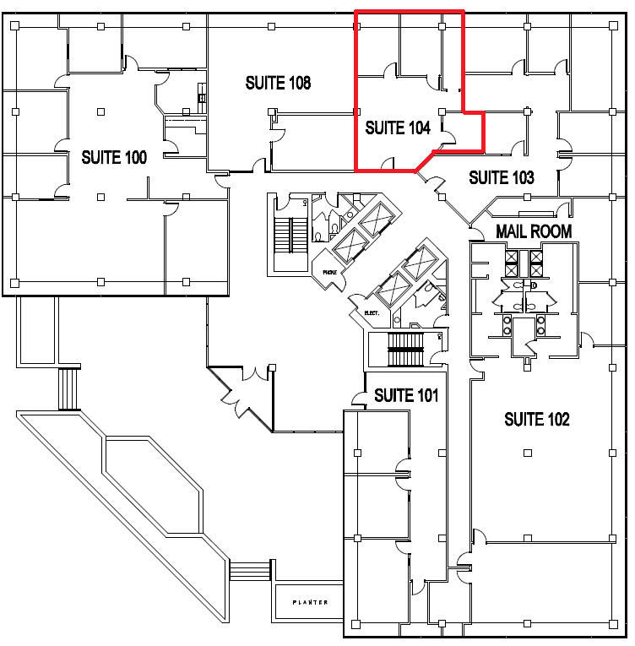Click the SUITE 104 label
coord(398,128)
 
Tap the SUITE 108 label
coord(278,83)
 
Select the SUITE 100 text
coord(114,157)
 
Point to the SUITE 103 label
coord(502,177)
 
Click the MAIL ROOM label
coord(534,231)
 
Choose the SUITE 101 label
coord(406,395)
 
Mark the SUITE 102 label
coord(536,419)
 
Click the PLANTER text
coord(309,602)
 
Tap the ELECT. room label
coord(372,312)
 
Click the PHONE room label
coord(328,272)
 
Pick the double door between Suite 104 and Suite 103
coord(434,180)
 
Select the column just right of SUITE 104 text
coord(442,111)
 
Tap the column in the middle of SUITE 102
coord(528,453)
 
